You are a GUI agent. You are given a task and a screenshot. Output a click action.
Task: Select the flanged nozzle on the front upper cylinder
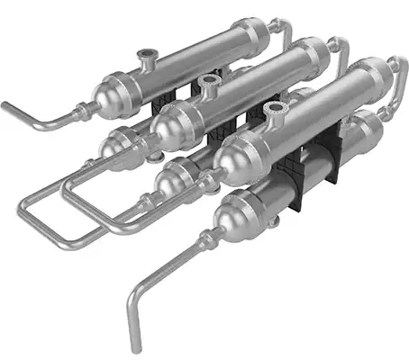pos(276,111)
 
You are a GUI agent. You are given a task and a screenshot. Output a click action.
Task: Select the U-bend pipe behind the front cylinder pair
pos(395,81)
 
